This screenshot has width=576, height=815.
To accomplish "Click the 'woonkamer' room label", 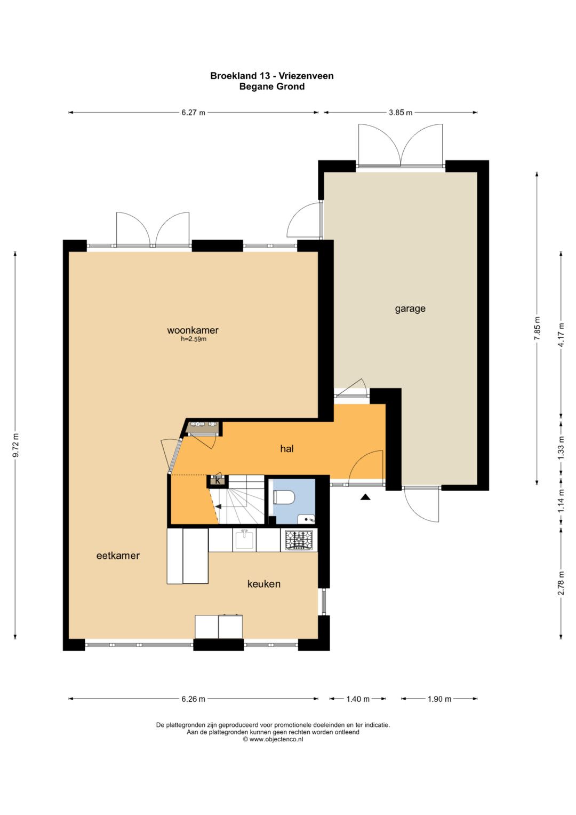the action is [193, 330].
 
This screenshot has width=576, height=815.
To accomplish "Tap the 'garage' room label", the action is [410, 309].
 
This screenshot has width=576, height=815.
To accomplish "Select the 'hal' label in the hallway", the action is [287, 449].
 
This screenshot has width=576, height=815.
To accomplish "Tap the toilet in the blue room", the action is [283, 497].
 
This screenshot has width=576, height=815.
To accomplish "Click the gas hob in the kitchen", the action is [299, 540].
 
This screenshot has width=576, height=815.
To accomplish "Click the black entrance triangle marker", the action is [365, 497].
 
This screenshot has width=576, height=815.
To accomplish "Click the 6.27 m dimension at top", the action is [194, 113].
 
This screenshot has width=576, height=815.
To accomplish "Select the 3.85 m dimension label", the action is [401, 113].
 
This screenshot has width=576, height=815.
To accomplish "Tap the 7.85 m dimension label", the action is [537, 328].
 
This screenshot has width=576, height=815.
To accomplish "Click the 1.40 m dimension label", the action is [358, 699].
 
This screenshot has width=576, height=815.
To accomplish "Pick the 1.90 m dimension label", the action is [439, 699].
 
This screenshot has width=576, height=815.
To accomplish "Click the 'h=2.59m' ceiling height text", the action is [194, 339].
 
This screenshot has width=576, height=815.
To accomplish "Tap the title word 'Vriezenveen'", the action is [306, 76].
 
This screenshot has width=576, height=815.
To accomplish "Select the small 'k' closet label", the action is [218, 481].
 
